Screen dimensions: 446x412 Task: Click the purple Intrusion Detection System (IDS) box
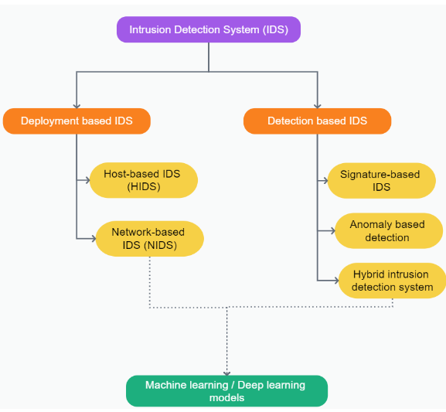click(x=209, y=29)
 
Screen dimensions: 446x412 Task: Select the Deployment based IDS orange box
click(x=77, y=121)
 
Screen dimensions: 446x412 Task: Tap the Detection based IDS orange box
click(x=317, y=121)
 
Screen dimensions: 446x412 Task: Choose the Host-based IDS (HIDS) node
click(x=144, y=180)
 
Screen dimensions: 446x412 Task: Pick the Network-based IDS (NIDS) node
click(x=150, y=239)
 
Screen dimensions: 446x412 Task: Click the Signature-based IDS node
click(x=381, y=180)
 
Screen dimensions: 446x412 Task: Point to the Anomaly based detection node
click(x=389, y=231)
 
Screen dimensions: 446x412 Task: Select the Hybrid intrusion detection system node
click(x=392, y=281)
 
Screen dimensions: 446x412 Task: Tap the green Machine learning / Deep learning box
click(x=226, y=391)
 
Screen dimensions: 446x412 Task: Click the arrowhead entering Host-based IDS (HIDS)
click(x=87, y=180)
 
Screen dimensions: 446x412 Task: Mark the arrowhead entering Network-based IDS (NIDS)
click(x=94, y=239)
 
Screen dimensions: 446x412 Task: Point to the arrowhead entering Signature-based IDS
click(x=325, y=180)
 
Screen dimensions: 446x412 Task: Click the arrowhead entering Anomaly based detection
click(x=332, y=231)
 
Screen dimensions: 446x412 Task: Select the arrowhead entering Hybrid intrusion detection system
click(x=336, y=281)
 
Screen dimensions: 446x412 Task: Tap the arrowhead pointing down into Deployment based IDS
click(x=77, y=106)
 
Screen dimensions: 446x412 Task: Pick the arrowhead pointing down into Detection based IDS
click(x=318, y=106)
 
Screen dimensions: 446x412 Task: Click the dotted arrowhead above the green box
click(x=226, y=373)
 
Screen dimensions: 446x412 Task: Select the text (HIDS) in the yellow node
click(x=144, y=186)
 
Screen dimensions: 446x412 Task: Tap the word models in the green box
click(x=226, y=397)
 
